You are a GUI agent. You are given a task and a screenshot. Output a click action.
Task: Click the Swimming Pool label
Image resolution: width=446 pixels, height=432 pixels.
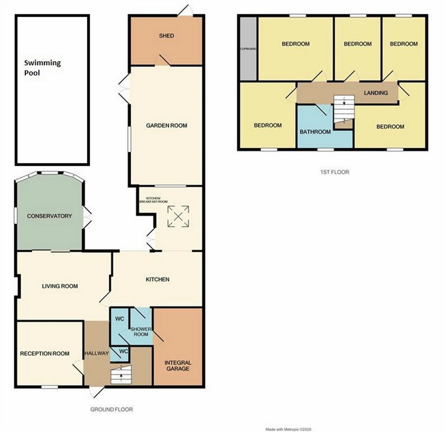[42, 68]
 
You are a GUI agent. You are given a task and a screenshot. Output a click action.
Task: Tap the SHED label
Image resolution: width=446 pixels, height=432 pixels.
[166, 36]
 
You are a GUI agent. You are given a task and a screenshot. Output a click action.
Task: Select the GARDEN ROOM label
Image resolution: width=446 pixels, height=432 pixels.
[167, 125]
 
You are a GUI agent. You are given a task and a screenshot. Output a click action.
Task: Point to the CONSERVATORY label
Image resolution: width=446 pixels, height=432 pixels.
[49, 216]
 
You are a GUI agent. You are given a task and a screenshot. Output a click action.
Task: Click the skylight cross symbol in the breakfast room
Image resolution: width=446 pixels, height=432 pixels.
[178, 216]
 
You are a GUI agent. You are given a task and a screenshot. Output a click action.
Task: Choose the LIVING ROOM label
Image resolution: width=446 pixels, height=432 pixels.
[60, 286]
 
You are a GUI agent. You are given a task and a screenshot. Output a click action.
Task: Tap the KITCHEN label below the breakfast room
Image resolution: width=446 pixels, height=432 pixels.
[158, 279]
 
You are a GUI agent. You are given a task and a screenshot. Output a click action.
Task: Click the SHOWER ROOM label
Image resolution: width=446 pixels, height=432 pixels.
[141, 332]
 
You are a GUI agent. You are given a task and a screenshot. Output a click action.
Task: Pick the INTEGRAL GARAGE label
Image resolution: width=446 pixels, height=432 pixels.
[178, 365]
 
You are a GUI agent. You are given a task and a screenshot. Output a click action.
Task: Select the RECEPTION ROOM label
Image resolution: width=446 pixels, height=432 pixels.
[45, 354]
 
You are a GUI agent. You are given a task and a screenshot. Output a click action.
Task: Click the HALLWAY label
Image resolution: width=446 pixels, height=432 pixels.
[96, 353]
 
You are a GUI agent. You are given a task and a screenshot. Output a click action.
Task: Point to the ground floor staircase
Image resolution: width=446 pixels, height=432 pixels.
[121, 375]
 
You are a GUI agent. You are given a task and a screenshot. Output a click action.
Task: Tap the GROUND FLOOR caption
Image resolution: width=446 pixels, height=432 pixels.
[112, 409]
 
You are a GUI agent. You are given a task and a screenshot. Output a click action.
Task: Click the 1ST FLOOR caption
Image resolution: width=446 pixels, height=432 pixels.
[335, 172]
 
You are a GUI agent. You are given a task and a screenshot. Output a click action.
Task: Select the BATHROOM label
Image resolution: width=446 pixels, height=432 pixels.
[315, 132]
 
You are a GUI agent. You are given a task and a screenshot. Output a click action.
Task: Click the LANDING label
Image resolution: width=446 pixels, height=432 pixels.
[376, 93]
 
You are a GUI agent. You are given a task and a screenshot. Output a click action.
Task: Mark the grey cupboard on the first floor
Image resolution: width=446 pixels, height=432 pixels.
[248, 49]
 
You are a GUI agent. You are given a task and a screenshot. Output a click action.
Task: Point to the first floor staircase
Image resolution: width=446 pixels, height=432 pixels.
[344, 109]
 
